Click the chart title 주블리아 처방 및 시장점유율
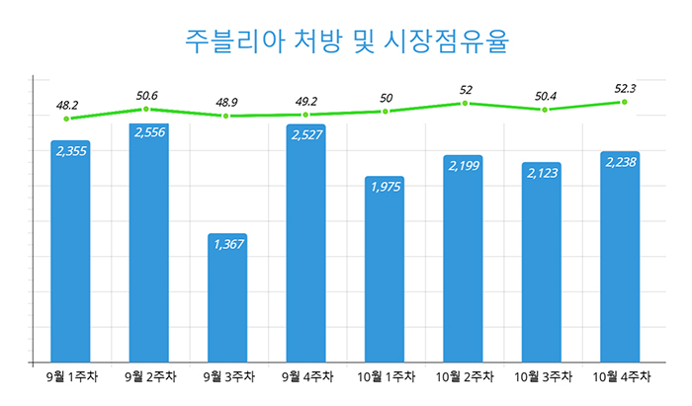pyautogui.click(x=346, y=41)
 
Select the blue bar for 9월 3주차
pyautogui.click(x=227, y=297)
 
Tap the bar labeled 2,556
pyautogui.click(x=148, y=243)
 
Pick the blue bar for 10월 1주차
pyautogui.click(x=385, y=269)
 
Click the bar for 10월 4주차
pyautogui.click(x=620, y=257)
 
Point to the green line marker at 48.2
pyautogui.click(x=66, y=119)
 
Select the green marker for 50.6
pyautogui.click(x=146, y=109)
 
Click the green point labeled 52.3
pyautogui.click(x=624, y=102)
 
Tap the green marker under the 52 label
pyautogui.click(x=465, y=103)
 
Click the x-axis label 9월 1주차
pyautogui.click(x=72, y=377)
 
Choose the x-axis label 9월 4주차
pyautogui.click(x=307, y=377)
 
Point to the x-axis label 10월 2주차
pyautogui.click(x=465, y=377)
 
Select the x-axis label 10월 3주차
pyautogui.click(x=543, y=377)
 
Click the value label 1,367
pyautogui.click(x=228, y=244)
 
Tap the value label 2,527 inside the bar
pyautogui.click(x=306, y=135)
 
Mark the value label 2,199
pyautogui.click(x=464, y=166)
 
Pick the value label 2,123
pyautogui.click(x=543, y=173)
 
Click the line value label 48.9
pyautogui.click(x=226, y=103)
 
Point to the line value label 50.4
pyautogui.click(x=546, y=96)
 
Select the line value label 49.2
pyautogui.click(x=306, y=102)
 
